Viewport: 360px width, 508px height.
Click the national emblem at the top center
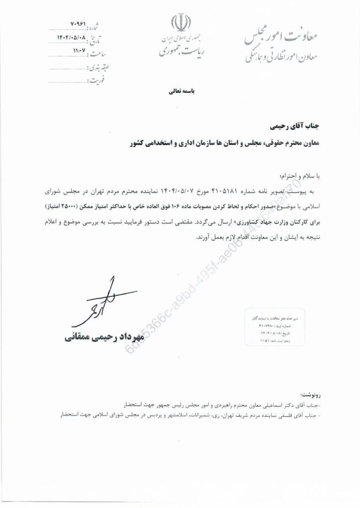pyautogui.click(x=180, y=24)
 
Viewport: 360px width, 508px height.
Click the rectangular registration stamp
pyautogui.click(x=273, y=328)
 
